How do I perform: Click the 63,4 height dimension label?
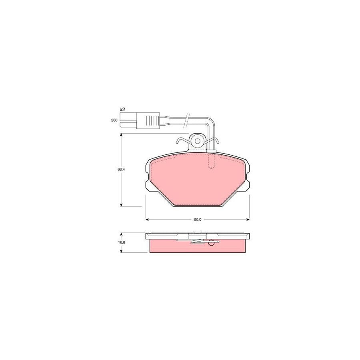[121, 170]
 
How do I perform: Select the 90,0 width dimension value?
[197, 220]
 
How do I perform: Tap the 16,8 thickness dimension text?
[121, 242]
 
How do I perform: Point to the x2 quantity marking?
[122, 109]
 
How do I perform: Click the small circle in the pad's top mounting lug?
[197, 140]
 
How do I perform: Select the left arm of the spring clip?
[182, 141]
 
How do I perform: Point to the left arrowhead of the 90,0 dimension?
[147, 220]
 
